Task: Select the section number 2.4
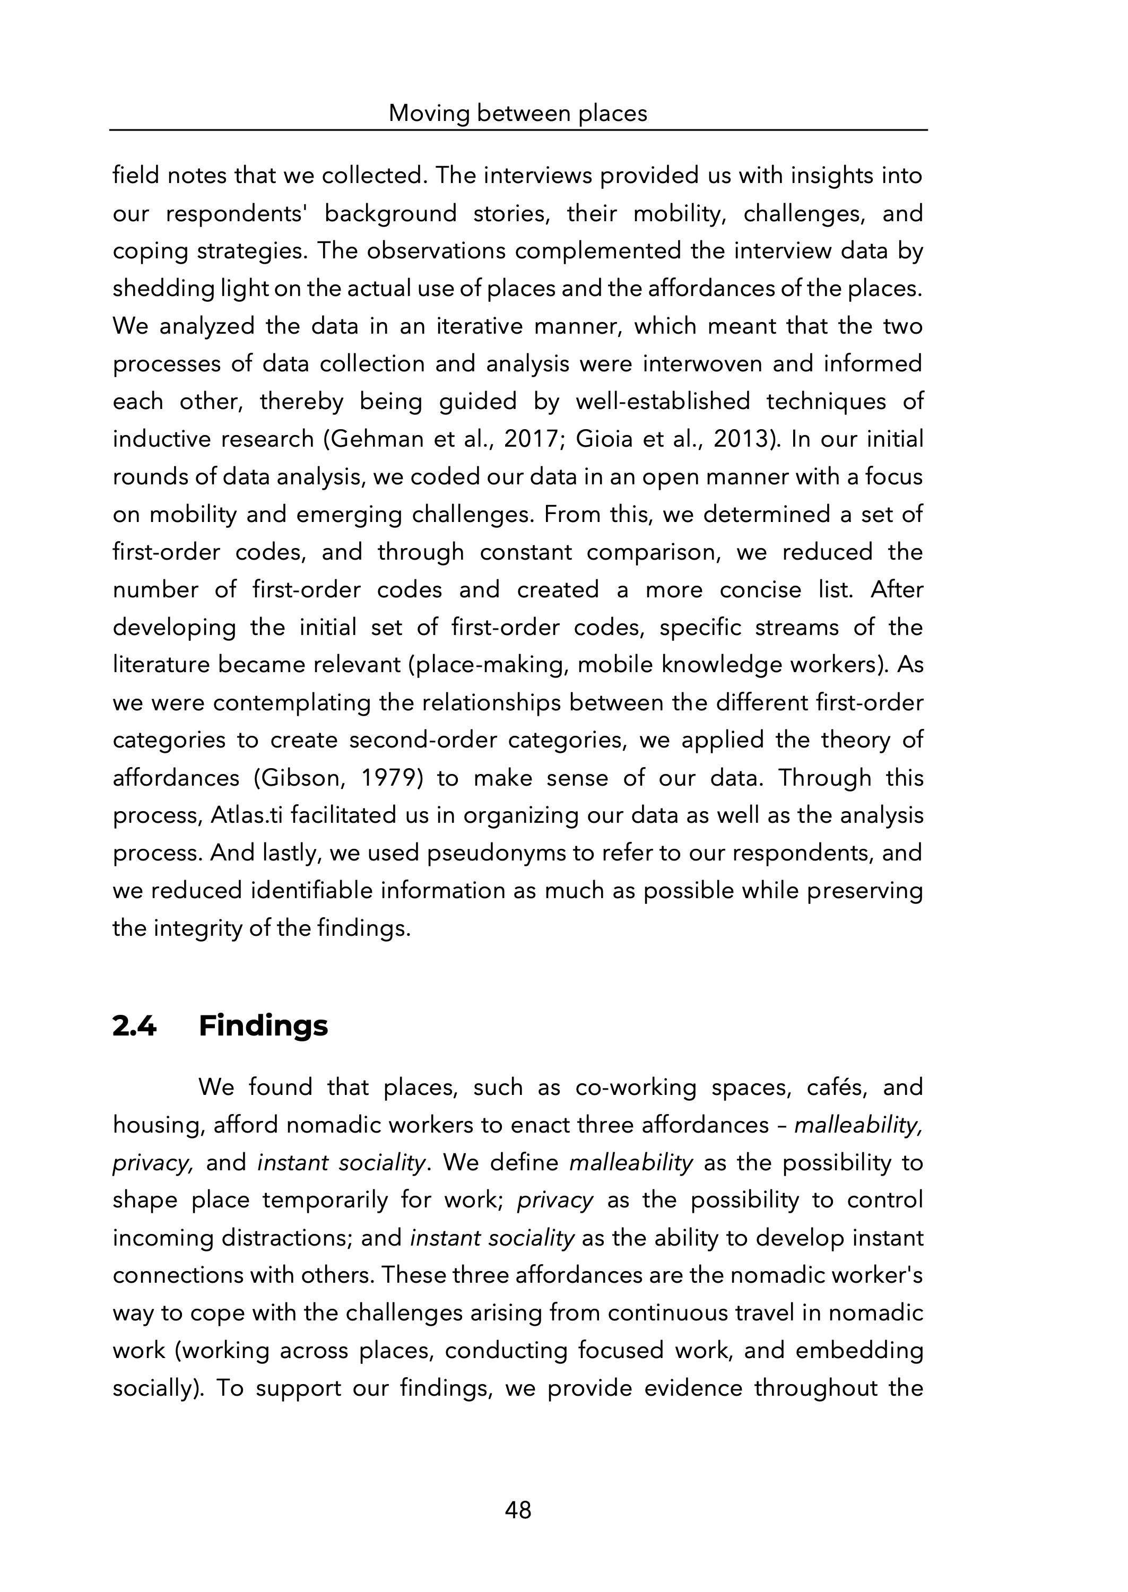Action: click(x=134, y=1026)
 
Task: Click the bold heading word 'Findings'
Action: click(x=263, y=1026)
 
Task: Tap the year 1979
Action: click(x=388, y=778)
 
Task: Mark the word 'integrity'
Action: click(x=197, y=928)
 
